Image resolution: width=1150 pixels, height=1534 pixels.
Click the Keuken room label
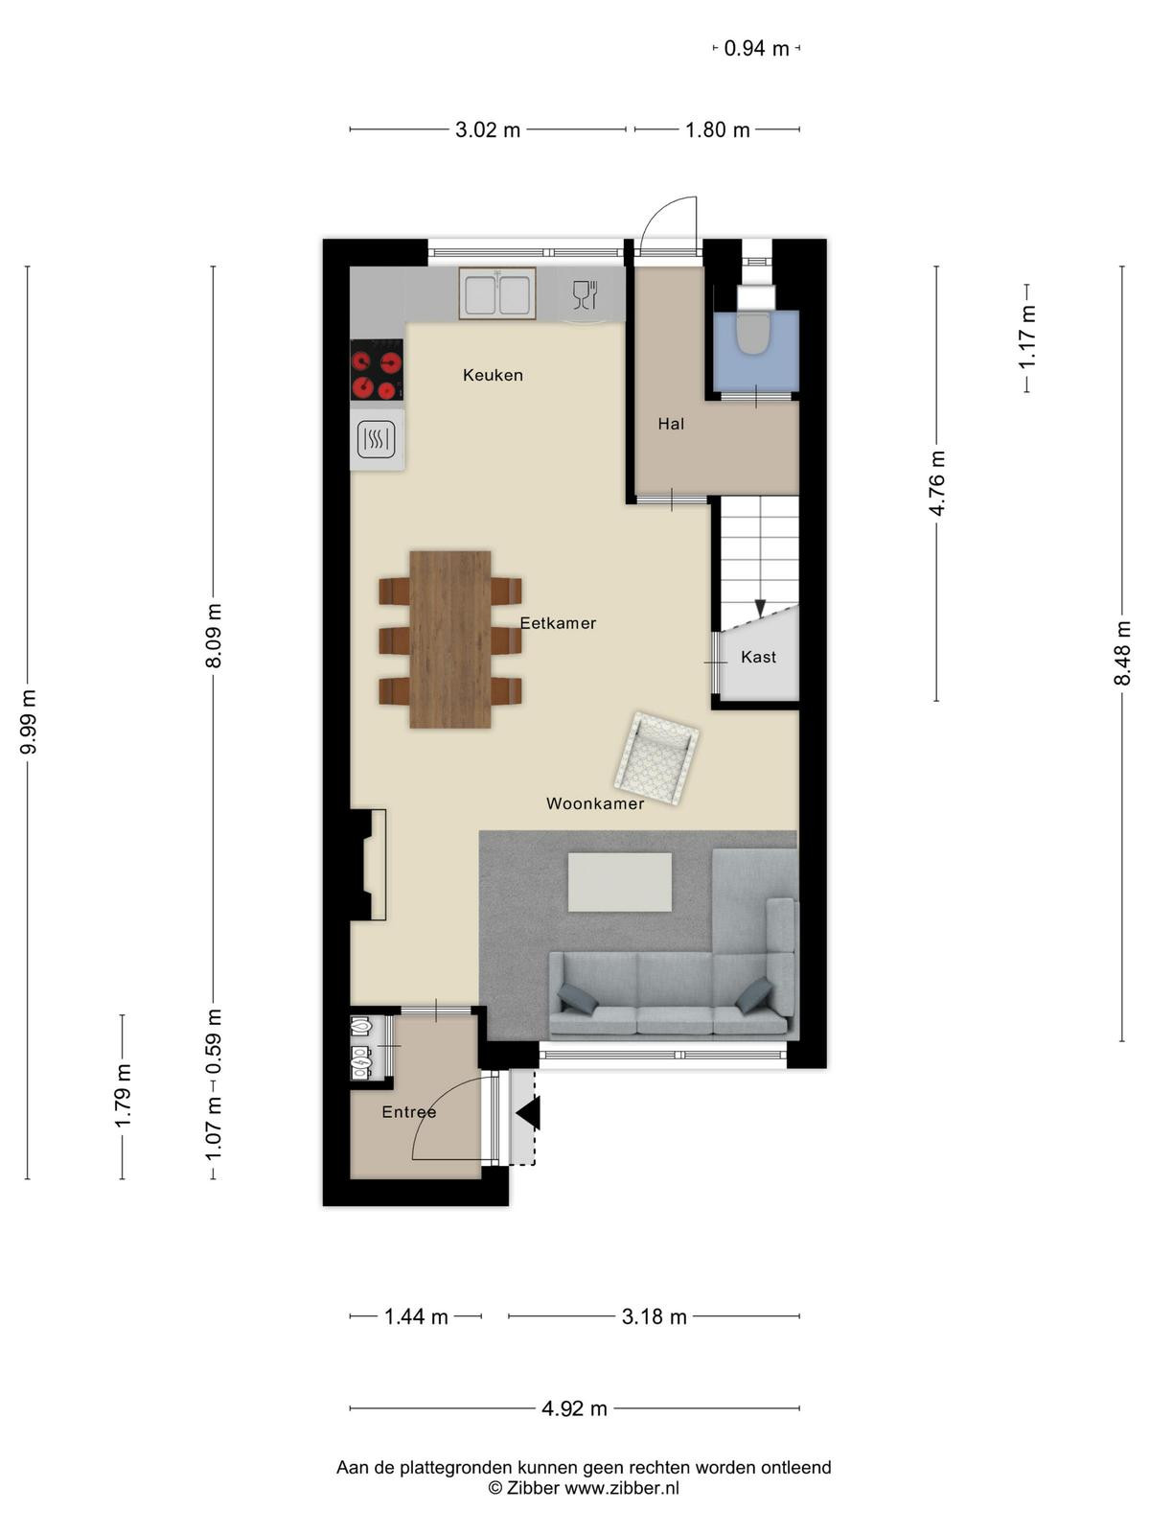click(x=493, y=375)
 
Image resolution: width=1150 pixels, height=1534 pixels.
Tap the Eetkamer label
click(x=558, y=623)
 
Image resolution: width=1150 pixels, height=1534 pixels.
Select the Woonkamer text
click(x=595, y=803)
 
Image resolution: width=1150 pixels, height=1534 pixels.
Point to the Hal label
click(x=671, y=424)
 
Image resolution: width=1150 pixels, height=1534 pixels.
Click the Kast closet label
click(x=758, y=657)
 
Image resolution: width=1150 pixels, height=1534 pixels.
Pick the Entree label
click(x=409, y=1112)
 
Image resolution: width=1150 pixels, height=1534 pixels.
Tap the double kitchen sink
click(x=497, y=293)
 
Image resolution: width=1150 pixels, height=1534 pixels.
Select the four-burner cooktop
click(x=377, y=370)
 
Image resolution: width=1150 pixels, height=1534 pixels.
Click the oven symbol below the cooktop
click(x=377, y=439)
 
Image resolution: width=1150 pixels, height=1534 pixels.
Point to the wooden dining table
click(x=450, y=639)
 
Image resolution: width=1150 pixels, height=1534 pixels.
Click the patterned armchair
click(x=656, y=758)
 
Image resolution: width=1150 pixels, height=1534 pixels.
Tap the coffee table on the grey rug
click(x=620, y=882)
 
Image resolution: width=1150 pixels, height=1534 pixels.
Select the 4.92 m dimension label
click(x=574, y=1409)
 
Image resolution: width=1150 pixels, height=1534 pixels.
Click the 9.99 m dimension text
click(x=29, y=722)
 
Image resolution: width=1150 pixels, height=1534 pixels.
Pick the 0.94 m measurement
click(x=756, y=49)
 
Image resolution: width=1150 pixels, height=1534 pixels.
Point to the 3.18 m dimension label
click(x=655, y=1317)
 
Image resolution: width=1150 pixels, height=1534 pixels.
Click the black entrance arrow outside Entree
click(x=528, y=1113)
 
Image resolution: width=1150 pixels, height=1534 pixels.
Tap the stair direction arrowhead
click(x=760, y=608)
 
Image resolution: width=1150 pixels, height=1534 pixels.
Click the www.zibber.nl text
click(x=621, y=1488)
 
